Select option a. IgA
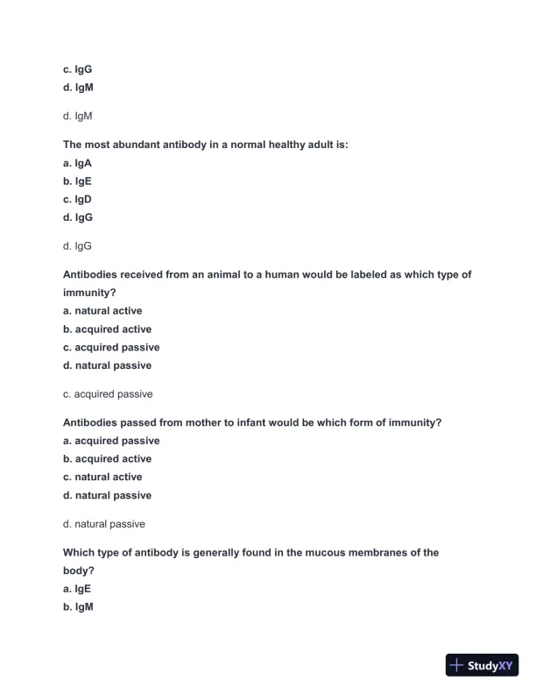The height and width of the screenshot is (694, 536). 77,163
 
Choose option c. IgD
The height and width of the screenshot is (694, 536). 77,199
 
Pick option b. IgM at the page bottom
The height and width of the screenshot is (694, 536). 78,607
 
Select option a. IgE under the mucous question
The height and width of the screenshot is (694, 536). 77,589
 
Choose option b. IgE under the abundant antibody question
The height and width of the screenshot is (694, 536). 77,181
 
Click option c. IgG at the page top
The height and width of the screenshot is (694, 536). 77,69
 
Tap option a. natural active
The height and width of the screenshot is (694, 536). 102,311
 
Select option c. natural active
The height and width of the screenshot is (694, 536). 102,478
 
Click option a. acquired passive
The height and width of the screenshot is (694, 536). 111,441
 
